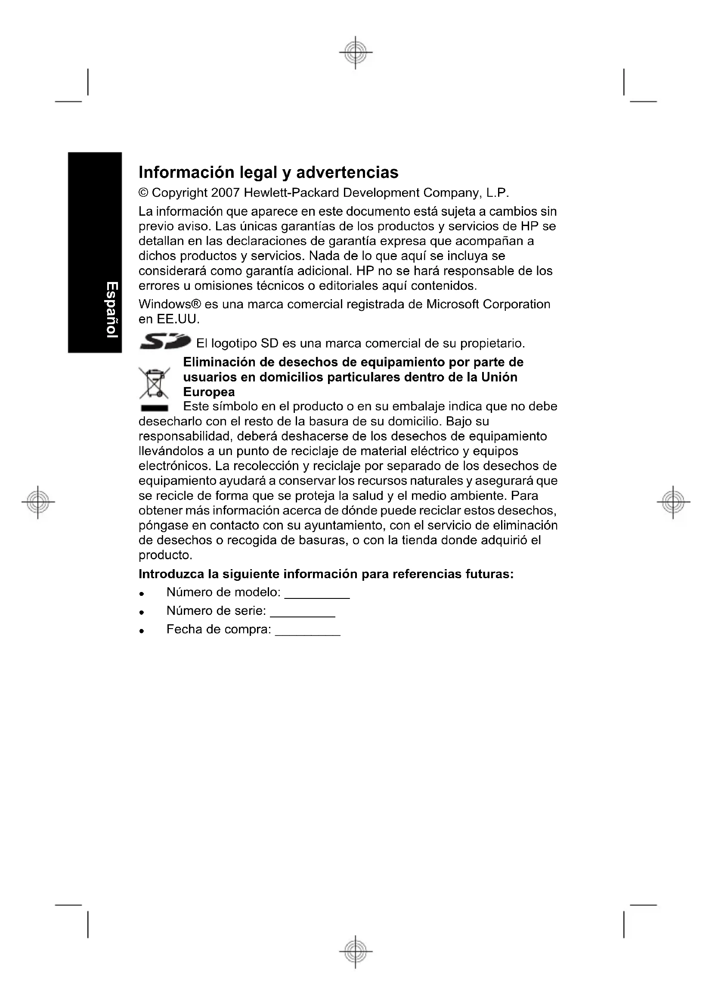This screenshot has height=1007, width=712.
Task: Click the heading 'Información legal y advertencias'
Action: point(268,172)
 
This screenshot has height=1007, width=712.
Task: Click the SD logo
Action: point(165,342)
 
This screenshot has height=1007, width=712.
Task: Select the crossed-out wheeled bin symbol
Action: point(153,382)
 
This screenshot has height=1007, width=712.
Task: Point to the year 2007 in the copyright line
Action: point(225,192)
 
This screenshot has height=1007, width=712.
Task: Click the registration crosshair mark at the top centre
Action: point(356,52)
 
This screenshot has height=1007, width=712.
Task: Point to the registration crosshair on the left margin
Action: point(38,502)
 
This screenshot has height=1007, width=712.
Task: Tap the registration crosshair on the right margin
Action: point(674,502)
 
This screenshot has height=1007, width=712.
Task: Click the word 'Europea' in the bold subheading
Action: point(209,392)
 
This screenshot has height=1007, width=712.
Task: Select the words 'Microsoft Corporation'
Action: point(488,304)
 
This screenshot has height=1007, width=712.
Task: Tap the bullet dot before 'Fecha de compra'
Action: point(142,631)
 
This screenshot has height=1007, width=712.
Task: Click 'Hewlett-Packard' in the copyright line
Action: point(291,192)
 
